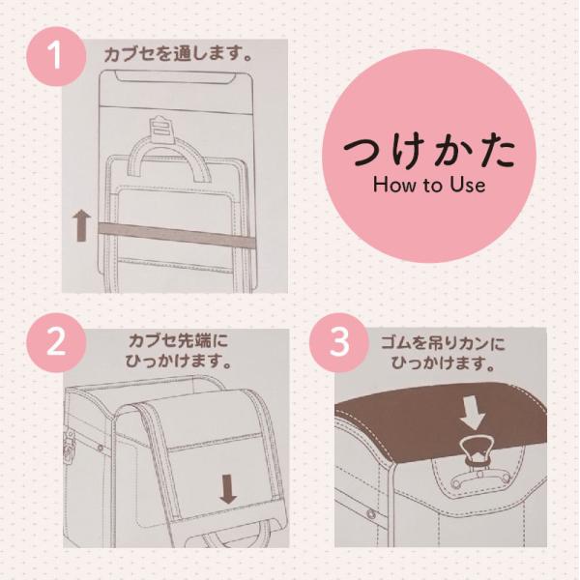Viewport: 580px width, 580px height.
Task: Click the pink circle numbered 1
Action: click(56, 56)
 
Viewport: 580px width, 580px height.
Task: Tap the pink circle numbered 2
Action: click(56, 342)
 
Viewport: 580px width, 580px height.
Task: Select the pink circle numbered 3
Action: click(339, 342)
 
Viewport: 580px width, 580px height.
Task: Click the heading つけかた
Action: click(429, 153)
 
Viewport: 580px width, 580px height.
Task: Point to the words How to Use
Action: click(429, 185)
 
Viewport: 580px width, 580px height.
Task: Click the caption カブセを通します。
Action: click(178, 54)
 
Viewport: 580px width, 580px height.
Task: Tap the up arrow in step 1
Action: click(82, 225)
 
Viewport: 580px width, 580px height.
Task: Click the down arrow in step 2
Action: click(228, 489)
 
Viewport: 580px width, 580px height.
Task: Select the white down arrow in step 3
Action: click(473, 414)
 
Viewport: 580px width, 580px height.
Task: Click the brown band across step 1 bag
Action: click(177, 236)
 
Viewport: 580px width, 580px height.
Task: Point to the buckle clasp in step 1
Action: click(161, 130)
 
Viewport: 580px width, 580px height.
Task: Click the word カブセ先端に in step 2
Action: click(178, 340)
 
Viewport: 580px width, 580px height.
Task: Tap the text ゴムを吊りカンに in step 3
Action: click(443, 343)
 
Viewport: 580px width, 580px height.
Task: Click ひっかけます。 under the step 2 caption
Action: click(178, 361)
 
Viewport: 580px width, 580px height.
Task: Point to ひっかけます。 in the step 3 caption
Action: click(443, 363)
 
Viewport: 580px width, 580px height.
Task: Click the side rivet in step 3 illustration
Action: click(370, 513)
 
